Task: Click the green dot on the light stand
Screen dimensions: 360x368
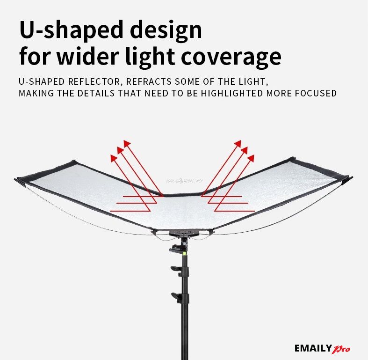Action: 185,253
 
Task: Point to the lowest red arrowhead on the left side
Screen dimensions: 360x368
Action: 113,158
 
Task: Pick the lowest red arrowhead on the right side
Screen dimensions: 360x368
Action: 251,158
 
